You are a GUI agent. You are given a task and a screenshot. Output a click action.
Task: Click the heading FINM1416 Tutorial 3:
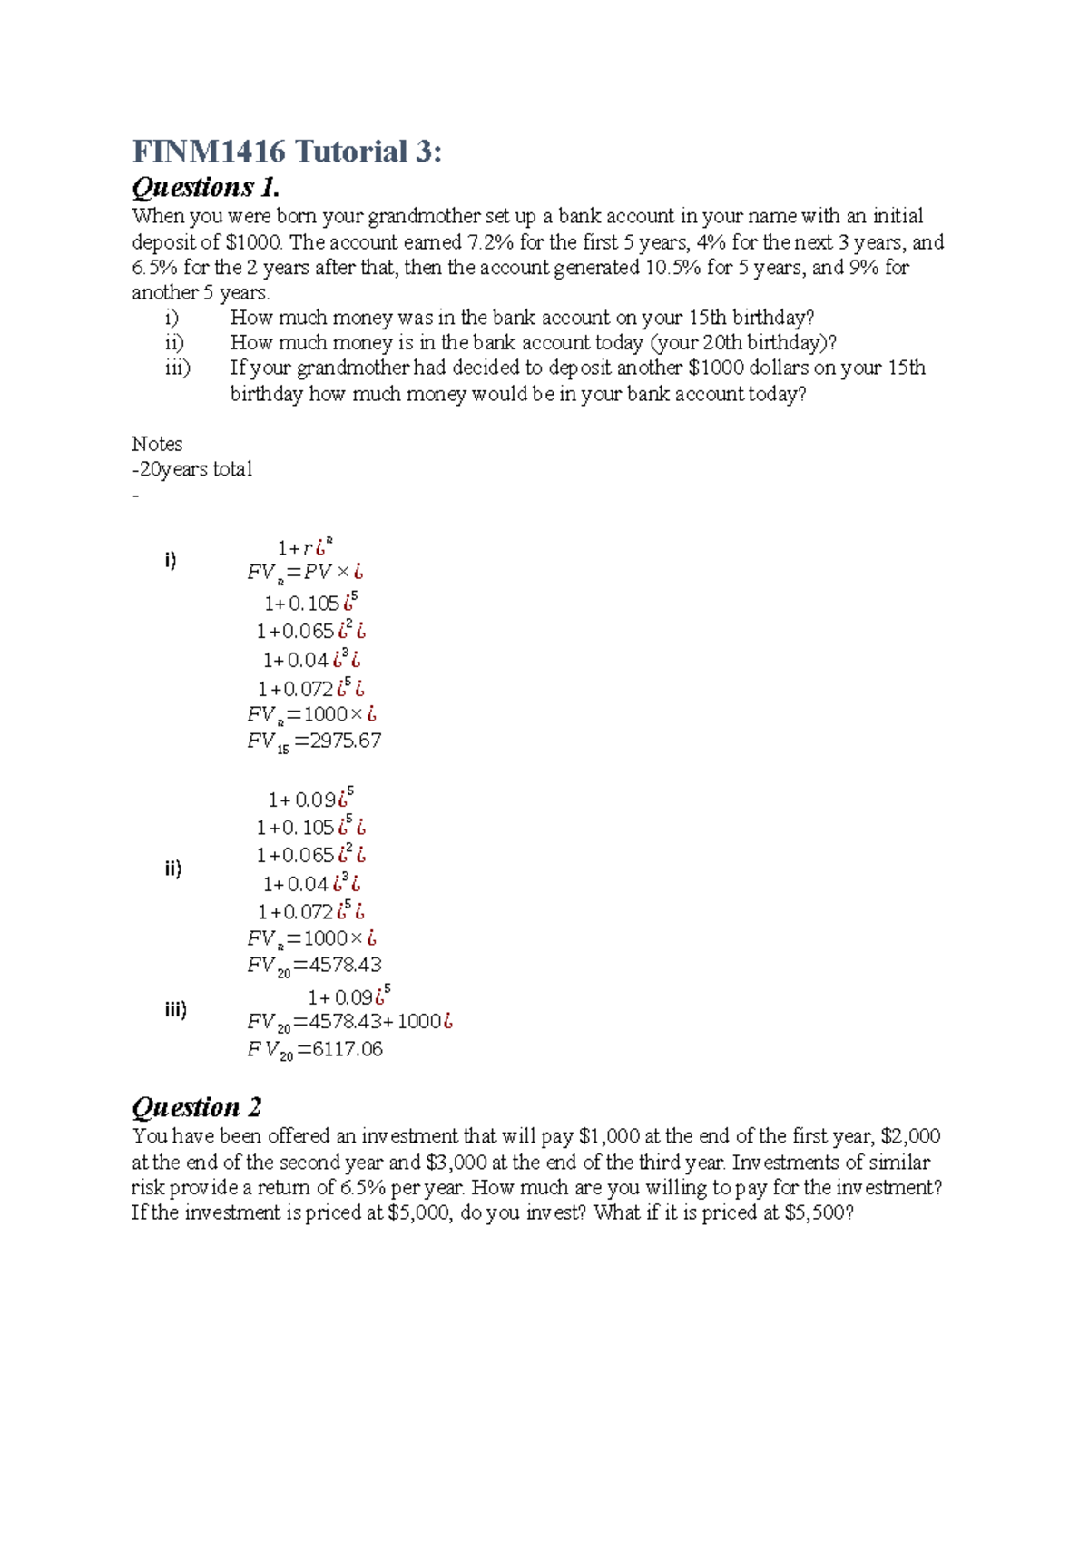[x=287, y=151]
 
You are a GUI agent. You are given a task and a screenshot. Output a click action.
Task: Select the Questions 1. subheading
[x=206, y=188]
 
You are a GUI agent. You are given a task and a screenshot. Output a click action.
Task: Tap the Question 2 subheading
[x=197, y=1107]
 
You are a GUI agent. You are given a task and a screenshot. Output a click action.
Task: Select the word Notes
[x=157, y=444]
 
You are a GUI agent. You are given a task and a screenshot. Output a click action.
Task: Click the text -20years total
[x=192, y=469]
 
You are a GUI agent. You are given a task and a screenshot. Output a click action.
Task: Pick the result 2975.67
[x=346, y=741]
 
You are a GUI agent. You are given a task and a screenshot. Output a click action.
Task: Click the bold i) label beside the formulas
[x=171, y=560]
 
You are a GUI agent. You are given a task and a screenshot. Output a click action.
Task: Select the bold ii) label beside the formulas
[x=172, y=869]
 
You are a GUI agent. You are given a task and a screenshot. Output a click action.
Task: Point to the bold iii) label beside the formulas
[x=175, y=1009]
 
